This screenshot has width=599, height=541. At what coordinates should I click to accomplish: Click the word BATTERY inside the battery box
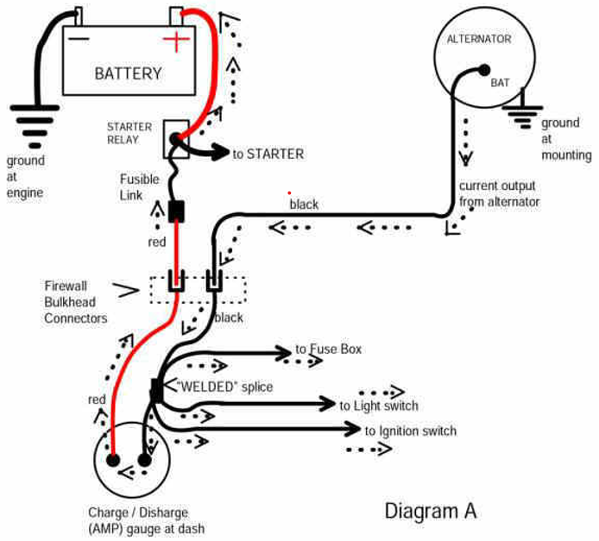pyautogui.click(x=128, y=73)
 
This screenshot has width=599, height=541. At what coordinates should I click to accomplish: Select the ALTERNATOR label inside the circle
pyautogui.click(x=479, y=40)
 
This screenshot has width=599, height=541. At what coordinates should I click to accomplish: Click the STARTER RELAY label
pyautogui.click(x=129, y=133)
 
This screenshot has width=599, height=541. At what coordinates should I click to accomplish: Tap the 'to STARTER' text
pyautogui.click(x=268, y=154)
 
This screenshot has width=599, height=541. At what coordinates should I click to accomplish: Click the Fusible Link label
pyautogui.click(x=139, y=187)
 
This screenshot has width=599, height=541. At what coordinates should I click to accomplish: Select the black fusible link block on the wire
pyautogui.click(x=179, y=210)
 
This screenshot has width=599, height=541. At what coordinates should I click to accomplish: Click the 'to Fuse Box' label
pyautogui.click(x=329, y=349)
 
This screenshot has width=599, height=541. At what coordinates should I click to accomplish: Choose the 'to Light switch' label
pyautogui.click(x=379, y=406)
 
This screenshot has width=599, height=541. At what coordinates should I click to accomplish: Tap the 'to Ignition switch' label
pyautogui.click(x=411, y=431)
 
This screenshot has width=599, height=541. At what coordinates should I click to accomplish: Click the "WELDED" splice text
pyautogui.click(x=224, y=387)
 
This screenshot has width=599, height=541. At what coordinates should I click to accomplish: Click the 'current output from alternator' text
pyautogui.click(x=499, y=194)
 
